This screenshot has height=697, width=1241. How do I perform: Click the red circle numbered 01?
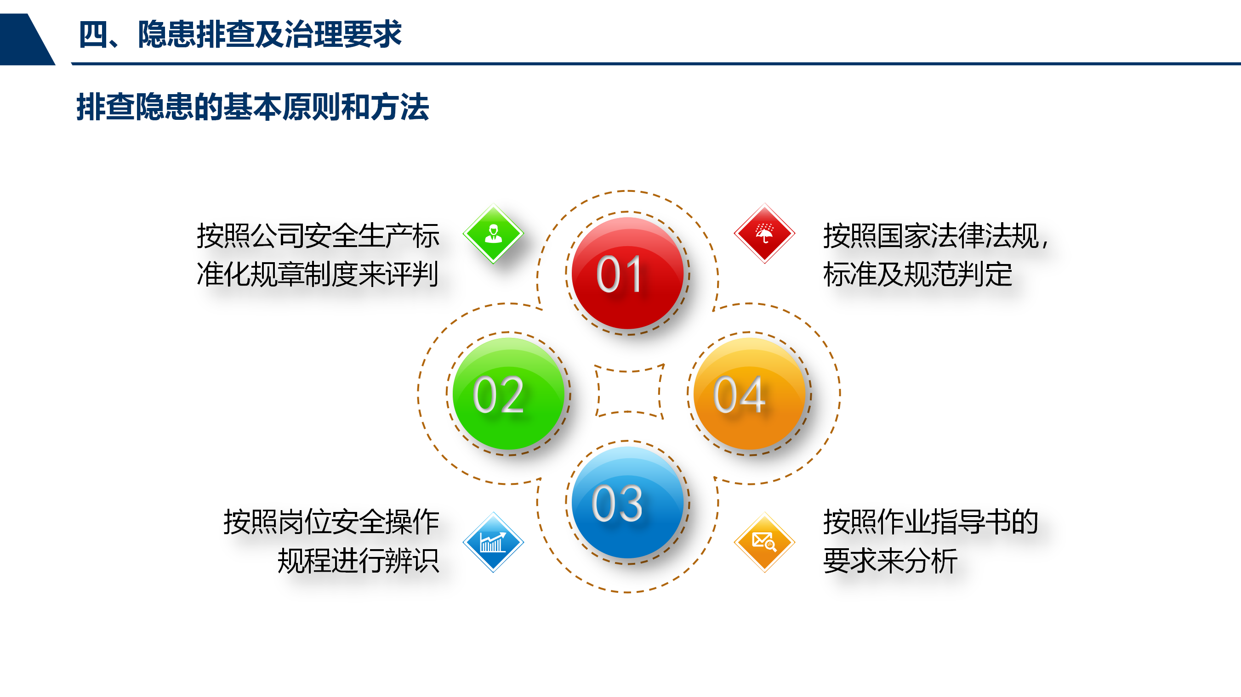pyautogui.click(x=627, y=273)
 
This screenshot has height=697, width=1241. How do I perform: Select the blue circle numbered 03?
pyautogui.click(x=627, y=502)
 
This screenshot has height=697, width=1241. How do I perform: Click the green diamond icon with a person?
pyautogui.click(x=493, y=234)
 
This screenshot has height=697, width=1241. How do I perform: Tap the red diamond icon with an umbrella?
pyautogui.click(x=764, y=233)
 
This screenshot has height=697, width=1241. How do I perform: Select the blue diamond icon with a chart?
pyautogui.click(x=493, y=542)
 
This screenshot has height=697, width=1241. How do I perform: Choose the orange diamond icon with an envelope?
pyautogui.click(x=764, y=542)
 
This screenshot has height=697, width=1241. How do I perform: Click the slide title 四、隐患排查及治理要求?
pyautogui.click(x=240, y=34)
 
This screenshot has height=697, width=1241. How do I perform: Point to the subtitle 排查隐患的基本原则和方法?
pyautogui.click(x=252, y=107)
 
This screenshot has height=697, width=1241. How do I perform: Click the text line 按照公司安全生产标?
pyautogui.click(x=318, y=236)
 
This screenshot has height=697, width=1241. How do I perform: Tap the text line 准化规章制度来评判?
pyautogui.click(x=318, y=275)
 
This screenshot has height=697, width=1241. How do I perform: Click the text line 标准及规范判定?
pyautogui.click(x=918, y=275)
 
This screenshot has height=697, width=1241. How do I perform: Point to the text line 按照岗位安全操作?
pyautogui.click(x=331, y=522)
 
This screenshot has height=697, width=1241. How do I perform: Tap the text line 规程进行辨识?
pyautogui.click(x=359, y=561)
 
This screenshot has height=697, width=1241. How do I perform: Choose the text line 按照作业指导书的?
pyautogui.click(x=931, y=522)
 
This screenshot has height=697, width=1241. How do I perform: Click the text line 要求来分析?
pyautogui.click(x=890, y=561)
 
